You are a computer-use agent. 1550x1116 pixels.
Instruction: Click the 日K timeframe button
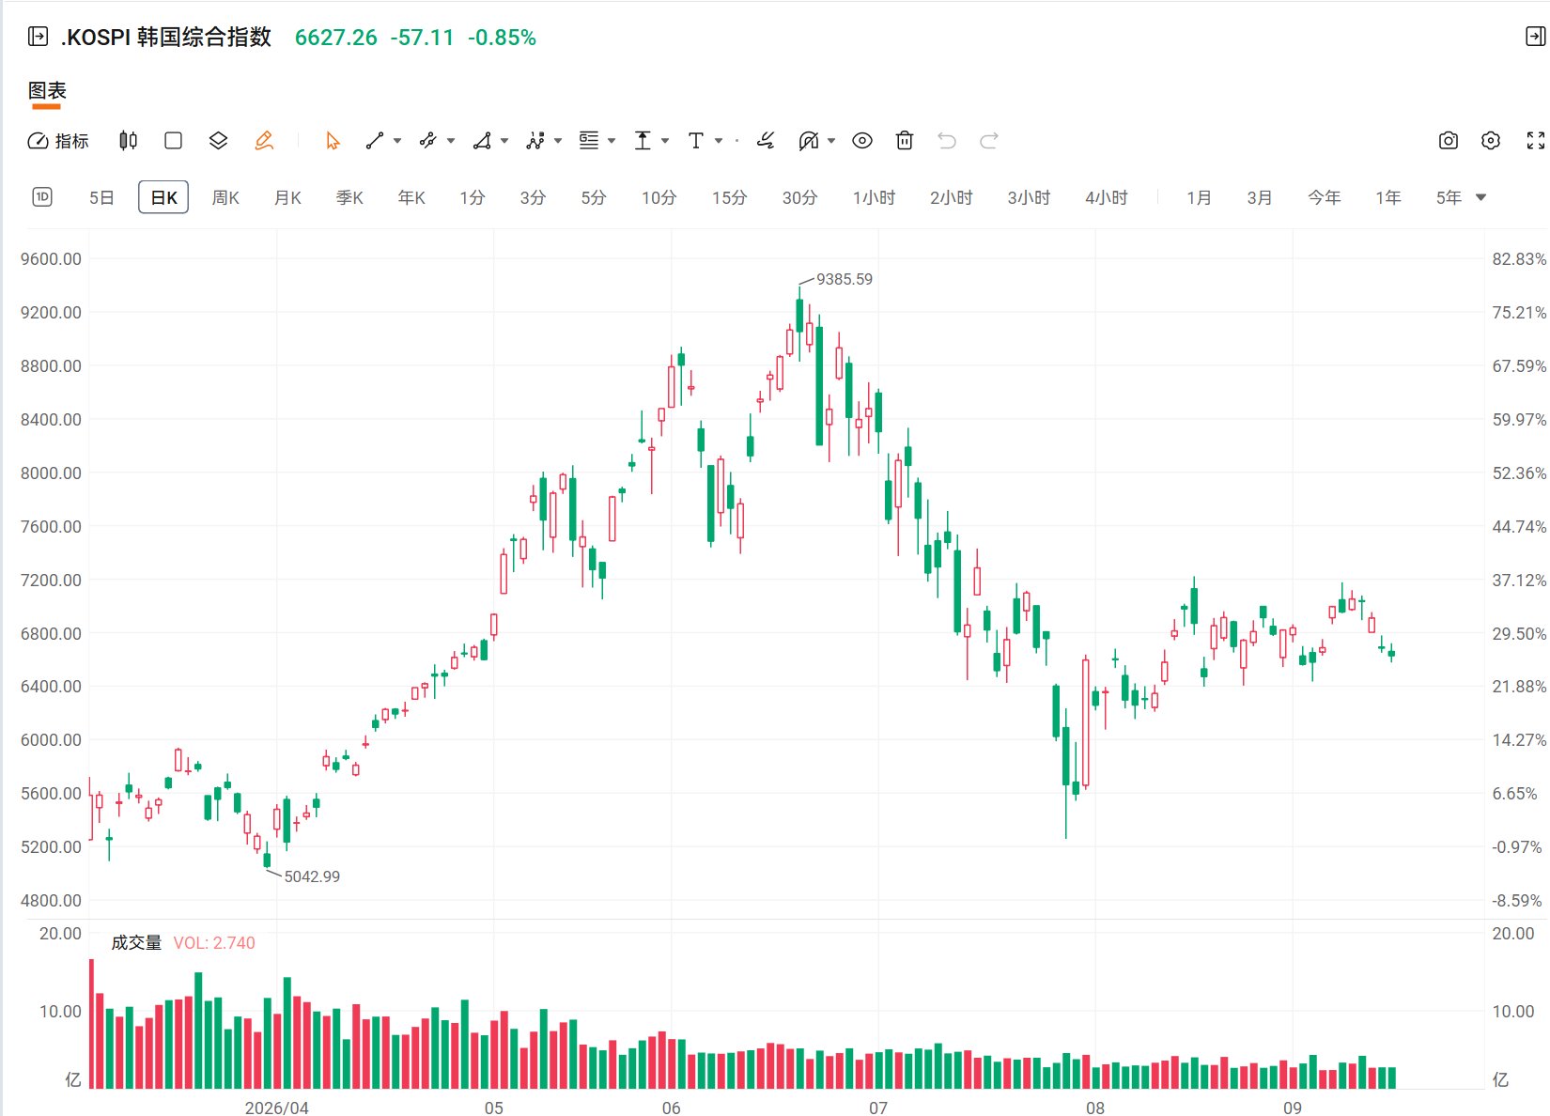click(x=163, y=197)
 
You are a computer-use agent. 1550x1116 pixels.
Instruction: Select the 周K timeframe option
click(x=225, y=198)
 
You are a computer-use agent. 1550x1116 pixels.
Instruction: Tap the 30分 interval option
click(x=799, y=198)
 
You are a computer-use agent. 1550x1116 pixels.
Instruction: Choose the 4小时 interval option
click(x=1106, y=198)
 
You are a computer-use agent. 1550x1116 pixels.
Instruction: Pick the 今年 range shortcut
click(x=1324, y=198)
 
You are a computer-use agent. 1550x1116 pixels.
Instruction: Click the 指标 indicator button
click(x=58, y=141)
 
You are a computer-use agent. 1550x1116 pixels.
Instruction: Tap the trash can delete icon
click(x=904, y=141)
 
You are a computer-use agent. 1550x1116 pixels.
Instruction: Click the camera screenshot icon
click(x=1448, y=141)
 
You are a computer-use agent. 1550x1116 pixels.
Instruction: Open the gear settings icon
click(x=1491, y=141)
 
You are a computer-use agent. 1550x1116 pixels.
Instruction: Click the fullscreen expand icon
click(x=1536, y=141)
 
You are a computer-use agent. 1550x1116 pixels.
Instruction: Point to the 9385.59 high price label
click(x=845, y=279)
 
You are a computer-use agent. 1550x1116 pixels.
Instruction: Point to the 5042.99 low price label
click(x=312, y=876)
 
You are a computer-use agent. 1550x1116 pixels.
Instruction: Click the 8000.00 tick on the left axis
click(x=51, y=473)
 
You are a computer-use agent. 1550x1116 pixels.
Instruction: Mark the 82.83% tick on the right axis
click(x=1519, y=258)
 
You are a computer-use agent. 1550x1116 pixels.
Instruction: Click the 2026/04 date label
click(x=277, y=1108)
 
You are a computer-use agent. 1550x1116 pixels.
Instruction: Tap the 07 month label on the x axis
click(x=878, y=1108)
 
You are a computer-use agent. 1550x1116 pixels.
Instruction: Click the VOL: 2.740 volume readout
click(x=214, y=943)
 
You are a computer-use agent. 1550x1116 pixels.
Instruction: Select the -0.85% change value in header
click(x=502, y=38)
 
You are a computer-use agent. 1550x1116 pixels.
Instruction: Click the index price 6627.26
click(x=336, y=38)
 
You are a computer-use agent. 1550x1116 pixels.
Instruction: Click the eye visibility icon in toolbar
click(x=861, y=141)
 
